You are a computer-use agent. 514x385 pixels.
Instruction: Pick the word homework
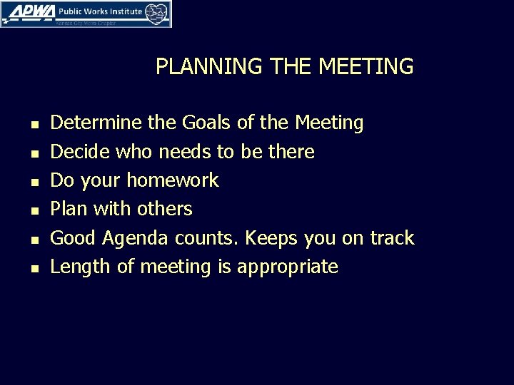[173, 180]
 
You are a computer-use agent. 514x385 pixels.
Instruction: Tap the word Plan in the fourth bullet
[67, 209]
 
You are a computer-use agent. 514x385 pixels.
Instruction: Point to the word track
[391, 237]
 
